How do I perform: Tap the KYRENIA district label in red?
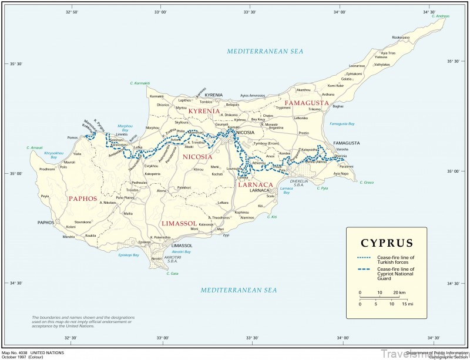(x=204, y=111)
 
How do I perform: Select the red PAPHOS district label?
(x=82, y=198)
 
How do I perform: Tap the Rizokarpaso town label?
(x=385, y=37)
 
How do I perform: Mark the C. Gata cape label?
(x=172, y=273)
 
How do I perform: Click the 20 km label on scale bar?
(x=399, y=292)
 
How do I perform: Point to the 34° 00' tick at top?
(x=340, y=11)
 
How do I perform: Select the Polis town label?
(x=64, y=167)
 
